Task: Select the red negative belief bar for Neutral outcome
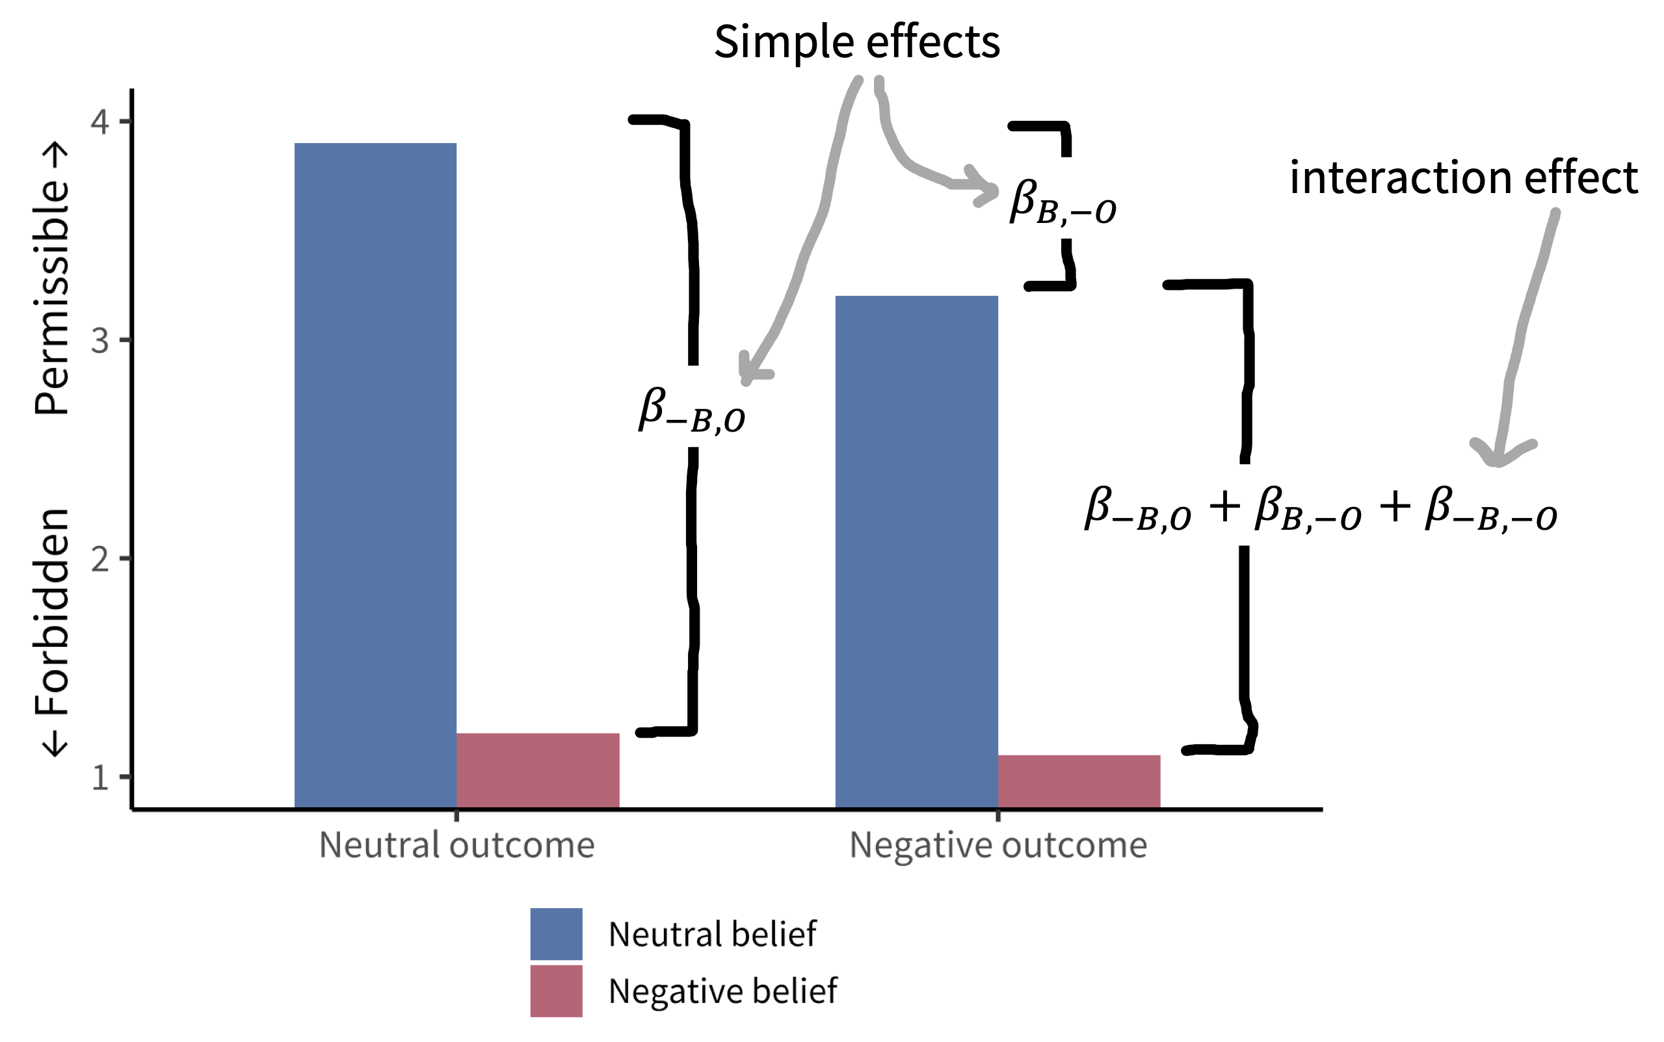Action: pyautogui.click(x=538, y=770)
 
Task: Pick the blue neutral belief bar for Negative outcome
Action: pyautogui.click(x=916, y=551)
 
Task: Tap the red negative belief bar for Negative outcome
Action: pyautogui.click(x=1079, y=781)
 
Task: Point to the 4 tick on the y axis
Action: pyautogui.click(x=101, y=122)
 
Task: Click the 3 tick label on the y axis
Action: pyautogui.click(x=101, y=341)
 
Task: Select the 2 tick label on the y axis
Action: pyautogui.click(x=101, y=559)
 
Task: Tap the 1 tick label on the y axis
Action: pyautogui.click(x=101, y=777)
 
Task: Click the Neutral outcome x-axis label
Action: pyautogui.click(x=456, y=845)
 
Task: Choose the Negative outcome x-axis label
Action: pyautogui.click(x=998, y=846)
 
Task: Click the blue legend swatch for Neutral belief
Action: pyautogui.click(x=555, y=934)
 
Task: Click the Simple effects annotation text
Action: pyautogui.click(x=857, y=42)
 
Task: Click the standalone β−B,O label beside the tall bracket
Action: pyautogui.click(x=691, y=411)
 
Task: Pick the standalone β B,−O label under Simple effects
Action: pyautogui.click(x=1063, y=202)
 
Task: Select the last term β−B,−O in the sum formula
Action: pyautogui.click(x=1491, y=508)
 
